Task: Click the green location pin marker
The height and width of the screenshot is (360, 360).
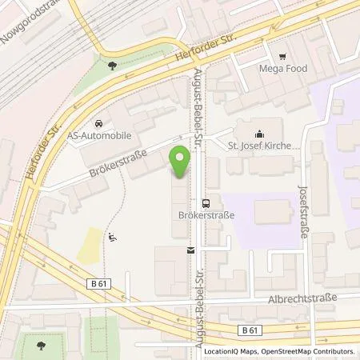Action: [182, 162]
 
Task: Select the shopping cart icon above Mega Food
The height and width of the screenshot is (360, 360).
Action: [283, 57]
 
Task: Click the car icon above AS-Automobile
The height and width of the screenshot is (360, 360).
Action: [97, 123]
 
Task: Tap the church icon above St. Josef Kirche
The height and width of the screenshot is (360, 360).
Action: [258, 134]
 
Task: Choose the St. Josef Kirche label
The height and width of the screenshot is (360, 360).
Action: [258, 146]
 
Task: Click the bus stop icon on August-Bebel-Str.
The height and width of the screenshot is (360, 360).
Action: [206, 203]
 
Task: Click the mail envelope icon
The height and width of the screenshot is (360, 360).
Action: [191, 250]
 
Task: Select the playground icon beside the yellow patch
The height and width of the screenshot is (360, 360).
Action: [114, 236]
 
